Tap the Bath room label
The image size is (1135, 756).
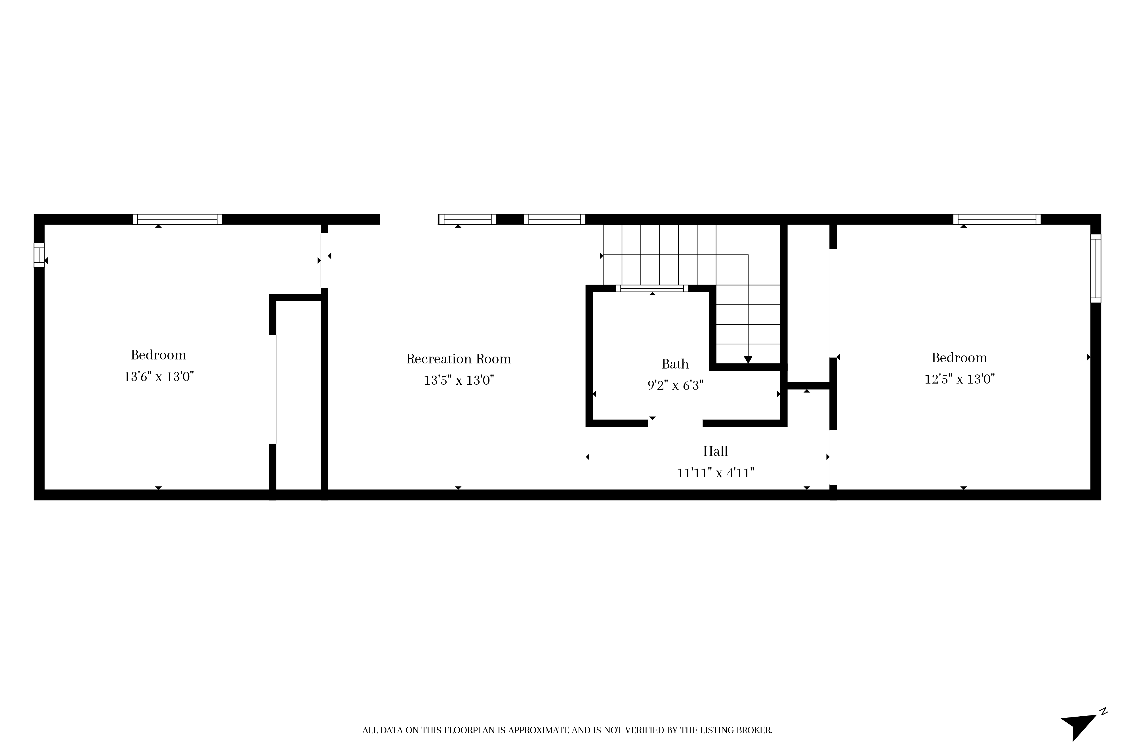tap(675, 364)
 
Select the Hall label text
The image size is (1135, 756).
tap(715, 451)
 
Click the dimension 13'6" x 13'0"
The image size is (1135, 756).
tap(159, 376)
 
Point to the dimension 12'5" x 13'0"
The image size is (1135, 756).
tap(959, 379)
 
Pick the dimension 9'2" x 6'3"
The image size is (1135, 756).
tap(675, 385)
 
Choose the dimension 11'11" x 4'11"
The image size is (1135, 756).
tap(715, 473)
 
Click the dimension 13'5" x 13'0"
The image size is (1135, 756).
tap(459, 380)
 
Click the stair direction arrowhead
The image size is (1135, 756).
tap(748, 360)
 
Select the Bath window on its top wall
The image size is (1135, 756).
tap(652, 288)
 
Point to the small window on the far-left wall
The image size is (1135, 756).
tap(39, 255)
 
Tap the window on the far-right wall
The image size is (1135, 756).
tap(1096, 268)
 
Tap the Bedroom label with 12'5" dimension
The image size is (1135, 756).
tap(959, 358)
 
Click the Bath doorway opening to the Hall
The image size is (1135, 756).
tap(675, 423)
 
